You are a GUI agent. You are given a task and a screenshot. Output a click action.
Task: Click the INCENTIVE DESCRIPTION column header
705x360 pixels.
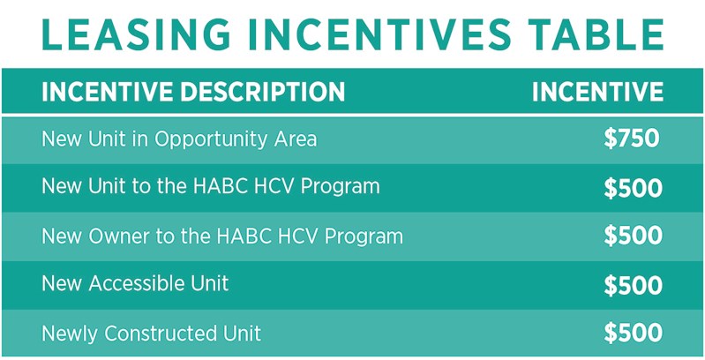coord(193,92)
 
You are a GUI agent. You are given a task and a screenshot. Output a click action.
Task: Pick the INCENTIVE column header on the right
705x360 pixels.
coord(597,92)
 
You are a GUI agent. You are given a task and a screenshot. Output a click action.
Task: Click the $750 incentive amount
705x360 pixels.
coord(632,139)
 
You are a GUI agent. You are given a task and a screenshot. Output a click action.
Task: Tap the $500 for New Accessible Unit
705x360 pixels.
coord(633,285)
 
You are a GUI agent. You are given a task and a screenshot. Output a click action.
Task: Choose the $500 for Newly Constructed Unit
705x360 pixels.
coord(633,333)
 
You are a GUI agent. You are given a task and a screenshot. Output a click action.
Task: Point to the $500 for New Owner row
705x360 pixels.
coord(633,236)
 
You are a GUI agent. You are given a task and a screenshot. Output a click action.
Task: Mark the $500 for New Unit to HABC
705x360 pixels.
coord(633,188)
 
